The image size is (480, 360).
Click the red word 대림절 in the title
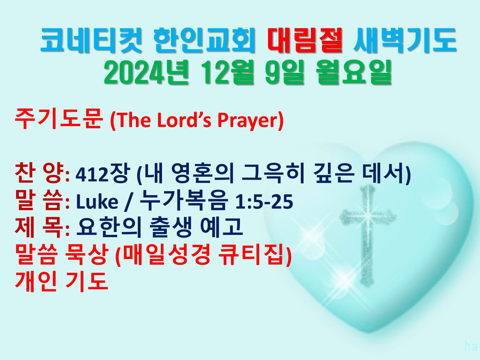[305, 40]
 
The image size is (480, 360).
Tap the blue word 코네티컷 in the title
[91, 40]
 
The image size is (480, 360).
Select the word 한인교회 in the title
[204, 40]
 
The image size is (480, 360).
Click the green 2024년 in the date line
[146, 72]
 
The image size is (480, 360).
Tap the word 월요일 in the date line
[354, 72]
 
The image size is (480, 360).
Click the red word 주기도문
[59, 119]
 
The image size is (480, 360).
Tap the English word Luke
[97, 202]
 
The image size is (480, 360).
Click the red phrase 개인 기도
[62, 282]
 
